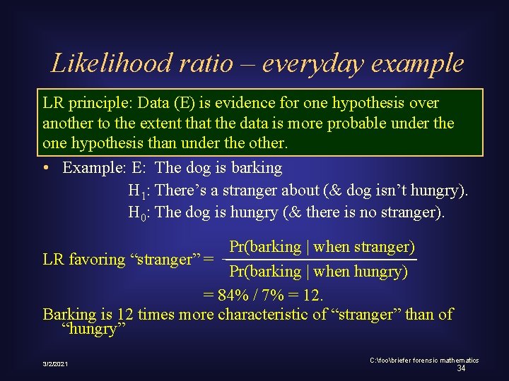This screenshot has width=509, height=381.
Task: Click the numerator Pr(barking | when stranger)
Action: click(322, 247)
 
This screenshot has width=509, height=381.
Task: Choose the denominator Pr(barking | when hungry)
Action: click(318, 272)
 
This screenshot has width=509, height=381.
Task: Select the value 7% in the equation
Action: click(272, 294)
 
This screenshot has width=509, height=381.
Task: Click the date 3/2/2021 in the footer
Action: click(55, 363)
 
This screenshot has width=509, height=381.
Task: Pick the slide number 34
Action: click(461, 368)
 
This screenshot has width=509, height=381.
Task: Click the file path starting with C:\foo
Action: click(424, 360)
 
